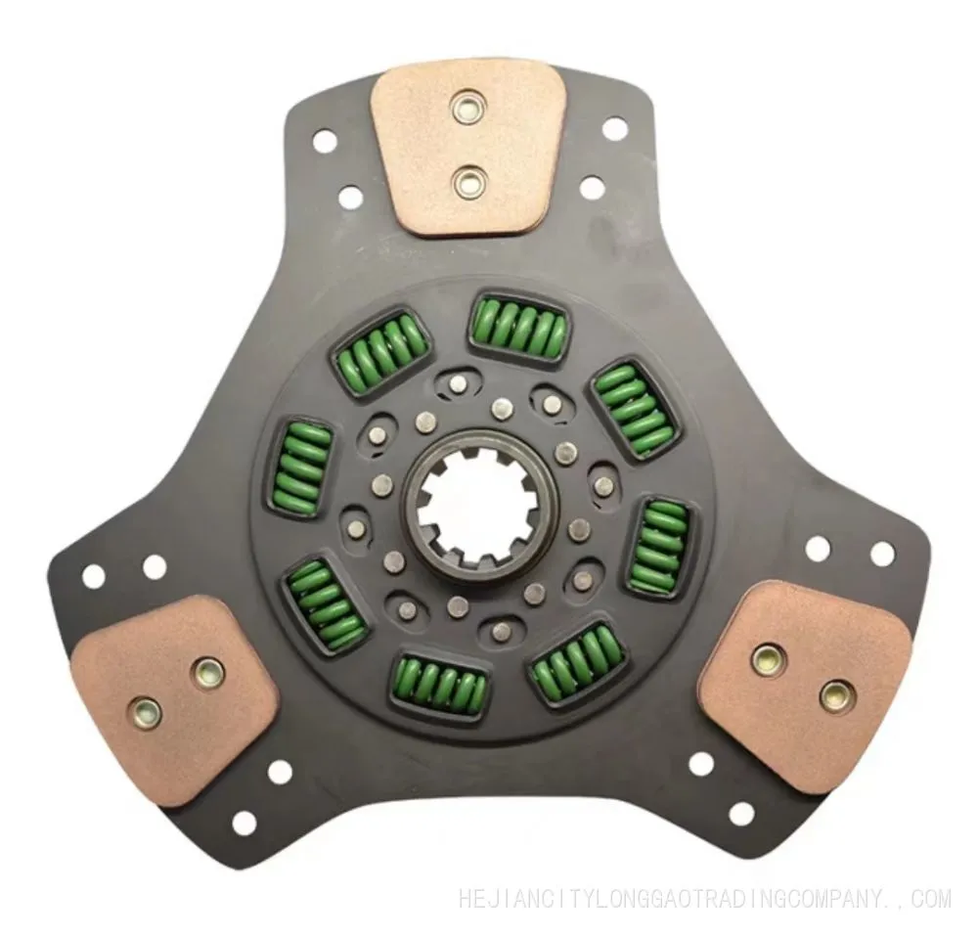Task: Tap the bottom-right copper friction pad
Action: click(805, 686)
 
